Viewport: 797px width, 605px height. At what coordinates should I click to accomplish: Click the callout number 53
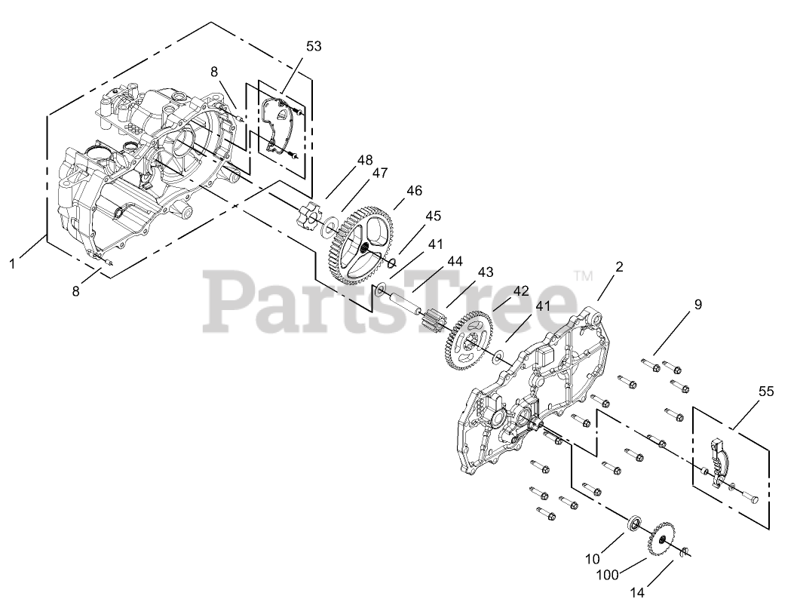(x=314, y=46)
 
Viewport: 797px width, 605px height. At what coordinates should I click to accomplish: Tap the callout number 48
(x=365, y=160)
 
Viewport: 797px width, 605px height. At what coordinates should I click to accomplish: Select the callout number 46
(x=414, y=191)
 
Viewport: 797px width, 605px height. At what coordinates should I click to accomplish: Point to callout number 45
(x=432, y=217)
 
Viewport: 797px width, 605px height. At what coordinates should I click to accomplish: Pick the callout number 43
(x=485, y=272)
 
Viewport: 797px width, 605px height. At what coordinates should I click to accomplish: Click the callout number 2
(x=619, y=266)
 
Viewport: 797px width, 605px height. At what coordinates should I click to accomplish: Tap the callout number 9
(x=697, y=305)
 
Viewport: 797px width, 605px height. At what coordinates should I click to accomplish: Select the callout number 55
(x=766, y=392)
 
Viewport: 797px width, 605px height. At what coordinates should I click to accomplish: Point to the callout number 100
(x=608, y=575)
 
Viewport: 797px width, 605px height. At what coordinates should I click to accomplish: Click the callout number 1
(x=13, y=264)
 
